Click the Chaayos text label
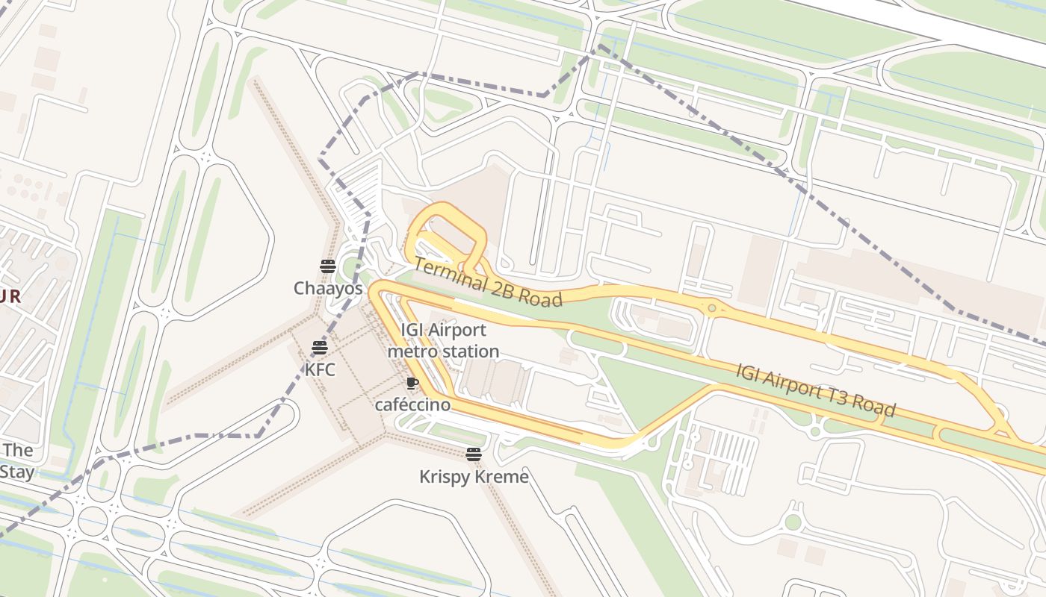coord(327,288)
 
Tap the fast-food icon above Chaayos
coord(327,266)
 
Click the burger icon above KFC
coord(320,347)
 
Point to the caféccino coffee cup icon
coord(412,384)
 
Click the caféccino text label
coord(412,404)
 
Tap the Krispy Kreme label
coord(474,476)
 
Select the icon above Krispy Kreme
coord(473,454)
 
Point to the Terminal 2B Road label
coord(487,282)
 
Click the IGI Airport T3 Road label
coord(815,390)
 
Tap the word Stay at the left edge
coord(16,472)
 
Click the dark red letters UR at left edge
coord(10,296)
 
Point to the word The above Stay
coord(18,450)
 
